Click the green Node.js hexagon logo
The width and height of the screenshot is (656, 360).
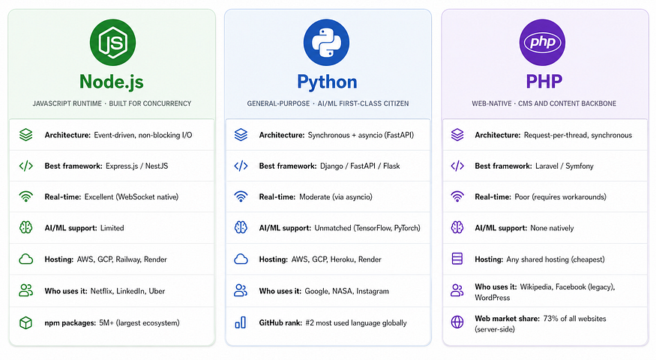pyautogui.click(x=112, y=42)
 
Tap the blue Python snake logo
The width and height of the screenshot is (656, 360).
pyautogui.click(x=326, y=42)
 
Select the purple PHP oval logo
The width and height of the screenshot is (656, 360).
pyautogui.click(x=542, y=42)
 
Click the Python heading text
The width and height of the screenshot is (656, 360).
pyautogui.click(x=327, y=82)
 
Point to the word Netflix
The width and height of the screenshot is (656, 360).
pyautogui.click(x=102, y=291)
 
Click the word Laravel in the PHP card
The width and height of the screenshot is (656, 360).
pyautogui.click(x=547, y=166)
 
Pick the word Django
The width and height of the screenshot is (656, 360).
pyautogui.click(x=331, y=166)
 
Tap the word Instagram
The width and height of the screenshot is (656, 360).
pyautogui.click(x=373, y=291)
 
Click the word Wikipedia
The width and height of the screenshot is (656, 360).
pyautogui.click(x=536, y=287)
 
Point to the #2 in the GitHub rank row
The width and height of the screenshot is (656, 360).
pyautogui.click(x=310, y=322)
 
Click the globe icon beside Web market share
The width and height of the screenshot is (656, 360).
pyautogui.click(x=457, y=322)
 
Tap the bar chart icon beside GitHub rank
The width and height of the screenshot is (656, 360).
pyautogui.click(x=241, y=322)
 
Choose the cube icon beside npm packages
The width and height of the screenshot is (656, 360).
pyautogui.click(x=26, y=322)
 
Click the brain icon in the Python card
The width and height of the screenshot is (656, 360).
pyautogui.click(x=241, y=227)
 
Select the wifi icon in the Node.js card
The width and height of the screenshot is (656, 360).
pyautogui.click(x=26, y=196)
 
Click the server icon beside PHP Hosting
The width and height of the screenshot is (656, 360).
pyautogui.click(x=457, y=259)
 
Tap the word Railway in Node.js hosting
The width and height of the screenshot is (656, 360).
pyautogui.click(x=128, y=259)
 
